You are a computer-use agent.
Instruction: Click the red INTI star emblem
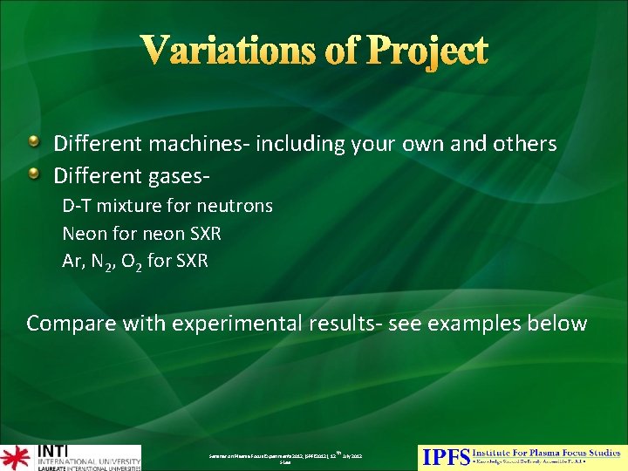(15, 457)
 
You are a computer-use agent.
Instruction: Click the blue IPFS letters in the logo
(446, 455)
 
